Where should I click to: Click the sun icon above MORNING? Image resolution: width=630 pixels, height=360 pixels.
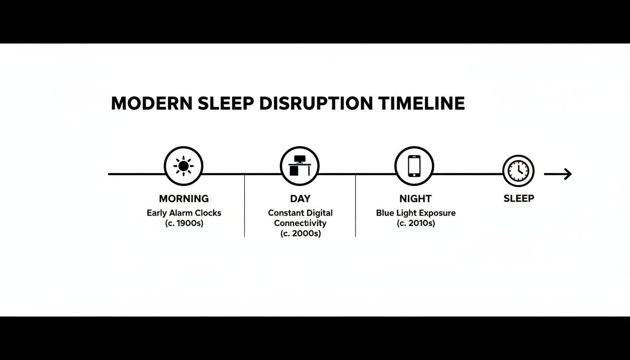(x=183, y=166)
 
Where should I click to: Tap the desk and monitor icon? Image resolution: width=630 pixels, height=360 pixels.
(x=300, y=166)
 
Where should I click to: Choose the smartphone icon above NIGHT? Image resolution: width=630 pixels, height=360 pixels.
(x=414, y=166)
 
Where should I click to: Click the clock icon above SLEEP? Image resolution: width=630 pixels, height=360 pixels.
(x=518, y=171)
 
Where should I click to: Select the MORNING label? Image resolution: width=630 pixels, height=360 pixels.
(x=184, y=199)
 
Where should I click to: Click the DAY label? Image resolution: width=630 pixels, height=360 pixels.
(x=300, y=199)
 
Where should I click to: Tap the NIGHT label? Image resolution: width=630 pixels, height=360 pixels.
(x=415, y=199)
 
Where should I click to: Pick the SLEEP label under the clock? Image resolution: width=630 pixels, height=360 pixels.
(x=518, y=199)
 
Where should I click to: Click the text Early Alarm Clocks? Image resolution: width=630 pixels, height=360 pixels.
(x=184, y=213)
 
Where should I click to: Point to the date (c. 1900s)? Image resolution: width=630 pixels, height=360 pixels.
(x=184, y=223)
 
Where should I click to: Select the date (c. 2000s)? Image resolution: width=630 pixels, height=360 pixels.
(x=300, y=233)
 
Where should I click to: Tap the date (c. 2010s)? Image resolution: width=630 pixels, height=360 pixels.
(x=416, y=223)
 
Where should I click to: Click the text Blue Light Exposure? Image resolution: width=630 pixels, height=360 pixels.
(x=416, y=213)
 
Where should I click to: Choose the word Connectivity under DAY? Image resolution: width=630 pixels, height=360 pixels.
(x=300, y=223)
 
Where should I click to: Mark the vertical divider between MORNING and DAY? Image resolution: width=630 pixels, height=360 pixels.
(x=245, y=206)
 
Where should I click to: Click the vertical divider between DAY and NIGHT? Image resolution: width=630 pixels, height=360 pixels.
(x=356, y=206)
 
